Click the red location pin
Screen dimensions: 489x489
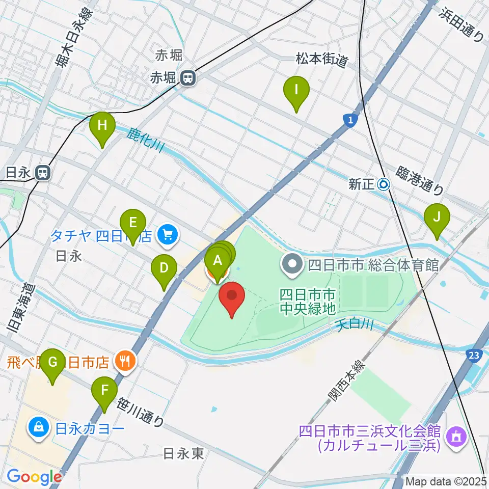232,297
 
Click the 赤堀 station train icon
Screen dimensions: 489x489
188,78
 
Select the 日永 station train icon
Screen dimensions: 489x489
43,173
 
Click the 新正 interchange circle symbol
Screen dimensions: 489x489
384,184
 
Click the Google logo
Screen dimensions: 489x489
34,477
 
